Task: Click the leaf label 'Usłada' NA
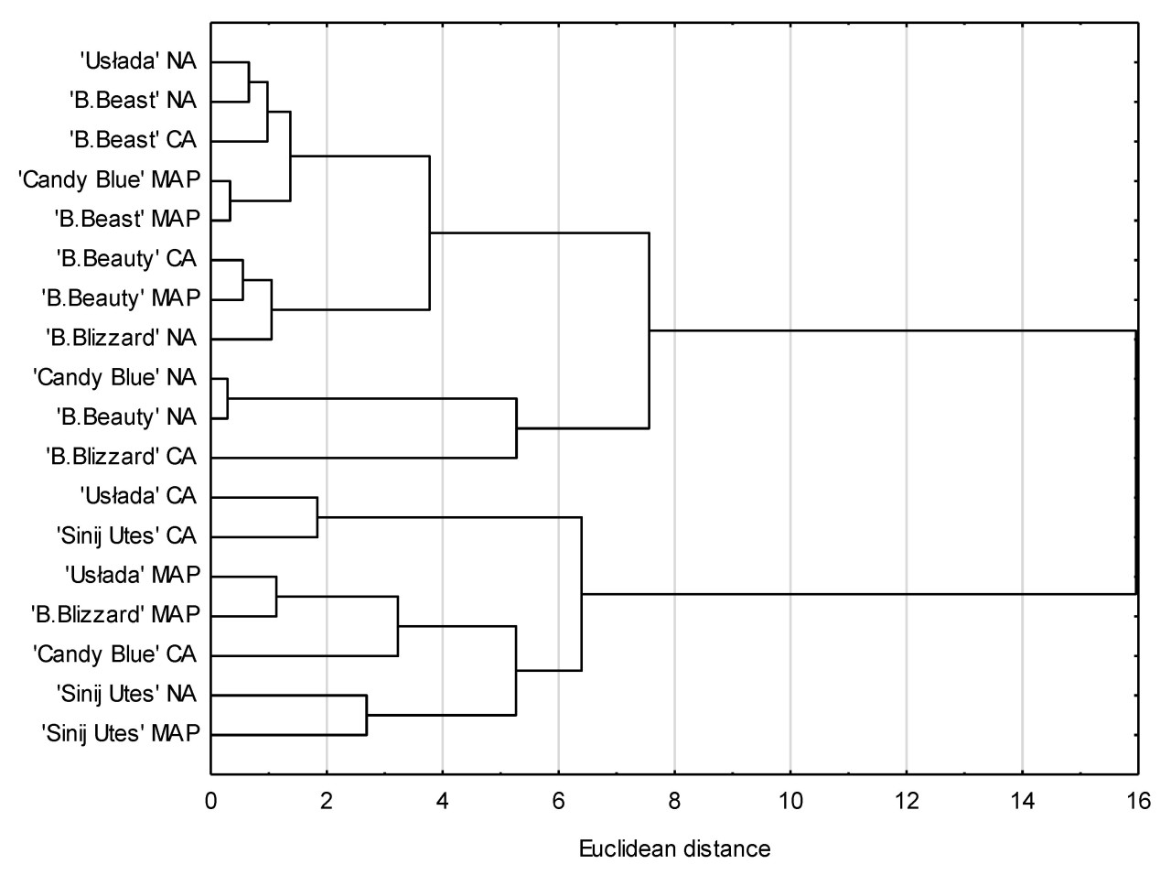(x=137, y=61)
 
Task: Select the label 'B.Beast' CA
(x=133, y=140)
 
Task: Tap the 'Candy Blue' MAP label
(x=109, y=179)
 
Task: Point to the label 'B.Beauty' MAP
(x=121, y=298)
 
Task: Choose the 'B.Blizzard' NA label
(x=121, y=338)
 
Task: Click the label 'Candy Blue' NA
(x=114, y=377)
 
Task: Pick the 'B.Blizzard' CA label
(x=121, y=456)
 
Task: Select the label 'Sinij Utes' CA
(x=125, y=535)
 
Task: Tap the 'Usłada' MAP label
(x=132, y=575)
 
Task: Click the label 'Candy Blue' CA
(x=114, y=654)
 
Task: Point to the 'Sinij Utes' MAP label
(x=120, y=733)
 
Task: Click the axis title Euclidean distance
(x=674, y=848)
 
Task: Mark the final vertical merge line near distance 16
(x=1136, y=461)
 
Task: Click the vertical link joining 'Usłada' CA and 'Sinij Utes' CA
(x=317, y=517)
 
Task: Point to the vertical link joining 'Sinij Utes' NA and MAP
(x=366, y=715)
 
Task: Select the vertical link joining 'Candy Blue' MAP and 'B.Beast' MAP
(x=230, y=200)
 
